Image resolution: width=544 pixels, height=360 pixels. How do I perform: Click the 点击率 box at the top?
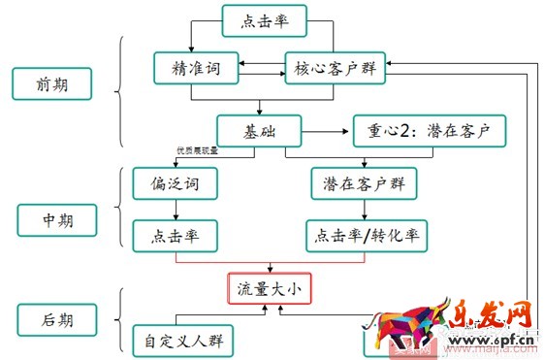point(264,21)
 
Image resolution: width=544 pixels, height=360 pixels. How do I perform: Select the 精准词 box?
point(193,69)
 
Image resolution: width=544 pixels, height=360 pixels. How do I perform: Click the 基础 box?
point(258,130)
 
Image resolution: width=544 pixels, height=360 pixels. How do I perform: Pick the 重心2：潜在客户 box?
point(429,130)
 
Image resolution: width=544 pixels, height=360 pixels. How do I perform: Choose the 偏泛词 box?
point(176,182)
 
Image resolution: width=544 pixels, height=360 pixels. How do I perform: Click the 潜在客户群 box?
point(358,182)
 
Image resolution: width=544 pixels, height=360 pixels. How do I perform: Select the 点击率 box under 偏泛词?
point(176,234)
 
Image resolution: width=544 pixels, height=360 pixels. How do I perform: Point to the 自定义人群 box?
point(185,342)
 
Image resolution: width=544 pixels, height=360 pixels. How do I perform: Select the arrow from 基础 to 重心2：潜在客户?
point(326,130)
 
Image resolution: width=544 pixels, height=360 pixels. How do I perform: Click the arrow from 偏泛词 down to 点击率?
point(176,209)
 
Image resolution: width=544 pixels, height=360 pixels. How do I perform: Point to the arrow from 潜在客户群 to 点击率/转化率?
point(358,209)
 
